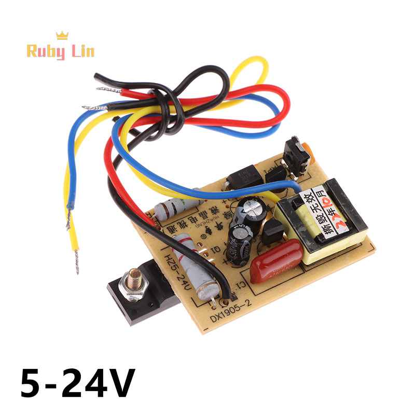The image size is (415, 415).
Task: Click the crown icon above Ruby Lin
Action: pos(62,35)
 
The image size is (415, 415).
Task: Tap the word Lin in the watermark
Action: pos(80,51)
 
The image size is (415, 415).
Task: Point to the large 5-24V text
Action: pos(78,383)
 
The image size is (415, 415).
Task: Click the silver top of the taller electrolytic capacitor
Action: pos(254,206)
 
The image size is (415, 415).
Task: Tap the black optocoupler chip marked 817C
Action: pos(242,176)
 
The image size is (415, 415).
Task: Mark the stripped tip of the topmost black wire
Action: pos(99,77)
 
